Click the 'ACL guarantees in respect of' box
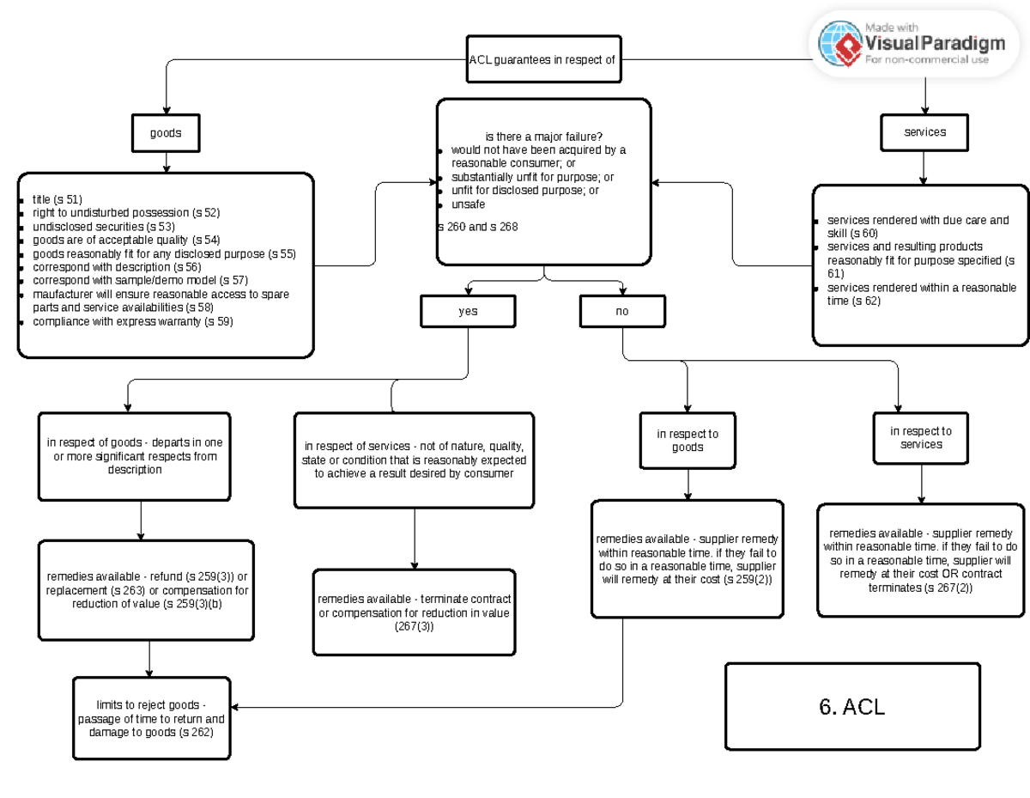coord(543,60)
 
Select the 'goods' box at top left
coord(166,133)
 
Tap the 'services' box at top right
coord(924,132)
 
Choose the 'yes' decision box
coord(468,311)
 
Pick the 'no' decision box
coord(621,311)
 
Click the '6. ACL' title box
coord(851,706)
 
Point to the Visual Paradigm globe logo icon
coord(839,43)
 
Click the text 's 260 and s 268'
coord(477,227)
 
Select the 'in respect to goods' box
coord(688,440)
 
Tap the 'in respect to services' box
coord(920,437)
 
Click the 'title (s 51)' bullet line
coord(58,198)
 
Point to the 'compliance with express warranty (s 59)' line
coord(132,321)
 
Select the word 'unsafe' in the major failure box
coord(468,204)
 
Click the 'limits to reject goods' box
coord(151,718)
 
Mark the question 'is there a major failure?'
coord(543,137)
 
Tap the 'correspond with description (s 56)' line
coord(117,267)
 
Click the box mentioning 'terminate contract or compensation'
coord(414,612)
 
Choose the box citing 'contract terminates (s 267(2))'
coord(920,560)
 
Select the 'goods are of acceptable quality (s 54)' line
coord(126,240)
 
